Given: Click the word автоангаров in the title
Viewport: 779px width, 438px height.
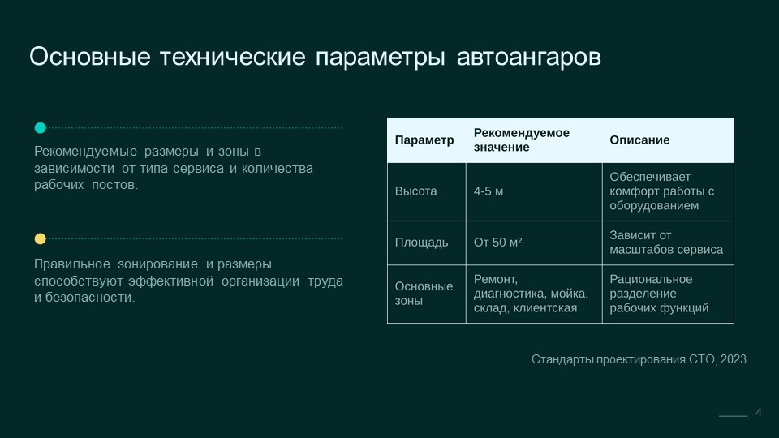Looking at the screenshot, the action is [x=528, y=57].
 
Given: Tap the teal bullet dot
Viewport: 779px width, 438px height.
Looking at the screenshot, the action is [x=41, y=127].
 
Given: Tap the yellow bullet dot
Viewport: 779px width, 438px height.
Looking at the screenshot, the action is [x=41, y=238].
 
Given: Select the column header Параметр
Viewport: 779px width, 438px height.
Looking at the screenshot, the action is [x=424, y=140].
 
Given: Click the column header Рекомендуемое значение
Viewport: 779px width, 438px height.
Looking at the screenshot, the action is [x=521, y=140].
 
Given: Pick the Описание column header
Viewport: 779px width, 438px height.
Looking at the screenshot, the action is [x=639, y=140].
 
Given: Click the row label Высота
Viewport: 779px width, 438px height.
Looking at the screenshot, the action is [x=415, y=191].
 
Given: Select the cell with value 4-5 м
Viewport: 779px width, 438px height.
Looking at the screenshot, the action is [x=488, y=191].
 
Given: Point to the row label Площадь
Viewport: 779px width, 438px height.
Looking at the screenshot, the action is [x=421, y=243].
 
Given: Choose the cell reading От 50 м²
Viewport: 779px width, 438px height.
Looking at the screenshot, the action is [x=497, y=243].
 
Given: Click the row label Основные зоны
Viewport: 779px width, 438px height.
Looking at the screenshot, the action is [x=424, y=294].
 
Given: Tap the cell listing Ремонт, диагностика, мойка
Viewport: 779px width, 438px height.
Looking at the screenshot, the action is [x=531, y=294].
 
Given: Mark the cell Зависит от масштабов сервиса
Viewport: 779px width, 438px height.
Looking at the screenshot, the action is [x=666, y=243].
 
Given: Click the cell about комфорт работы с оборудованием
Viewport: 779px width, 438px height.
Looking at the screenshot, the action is [x=662, y=191].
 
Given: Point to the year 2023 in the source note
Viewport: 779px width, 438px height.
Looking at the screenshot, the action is [x=734, y=359].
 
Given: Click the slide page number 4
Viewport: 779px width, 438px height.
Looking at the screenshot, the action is [x=759, y=413].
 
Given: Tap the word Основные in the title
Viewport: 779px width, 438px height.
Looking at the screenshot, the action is [x=90, y=57].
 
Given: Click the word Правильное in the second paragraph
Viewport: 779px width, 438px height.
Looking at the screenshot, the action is [x=72, y=264].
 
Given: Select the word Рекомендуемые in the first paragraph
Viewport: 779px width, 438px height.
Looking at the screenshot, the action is [x=85, y=152].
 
